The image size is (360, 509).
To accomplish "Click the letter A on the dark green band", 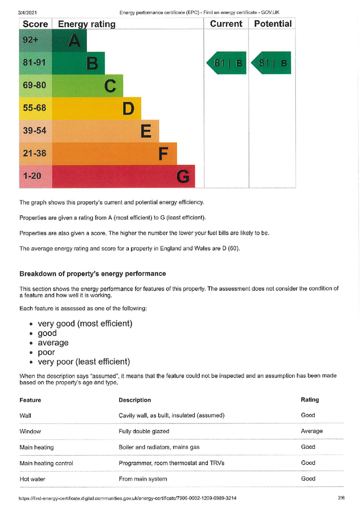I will (74, 40).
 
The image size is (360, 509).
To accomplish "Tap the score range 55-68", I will (35, 108).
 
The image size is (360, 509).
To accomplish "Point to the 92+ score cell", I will (31, 40).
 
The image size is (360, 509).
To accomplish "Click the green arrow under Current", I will (227, 63).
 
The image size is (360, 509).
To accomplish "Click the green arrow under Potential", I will (271, 63).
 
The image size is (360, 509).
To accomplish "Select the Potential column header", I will (272, 24).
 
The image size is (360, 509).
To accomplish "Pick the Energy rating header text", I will (87, 24).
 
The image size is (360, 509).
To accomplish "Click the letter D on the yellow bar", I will (128, 108).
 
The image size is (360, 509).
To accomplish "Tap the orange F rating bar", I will (114, 154).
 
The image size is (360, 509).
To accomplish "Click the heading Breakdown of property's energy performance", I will (92, 274).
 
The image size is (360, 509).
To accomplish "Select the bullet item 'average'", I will (53, 343).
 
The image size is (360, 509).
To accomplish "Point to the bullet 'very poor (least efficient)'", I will (84, 362).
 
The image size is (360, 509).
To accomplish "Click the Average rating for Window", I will (312, 431).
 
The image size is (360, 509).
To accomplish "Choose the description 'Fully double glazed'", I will (144, 431).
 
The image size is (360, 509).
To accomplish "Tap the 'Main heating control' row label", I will (46, 463).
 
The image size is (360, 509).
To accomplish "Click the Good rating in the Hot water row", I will (308, 479).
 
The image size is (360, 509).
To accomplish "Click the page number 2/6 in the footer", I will (341, 498).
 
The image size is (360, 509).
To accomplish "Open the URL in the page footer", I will (128, 498).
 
